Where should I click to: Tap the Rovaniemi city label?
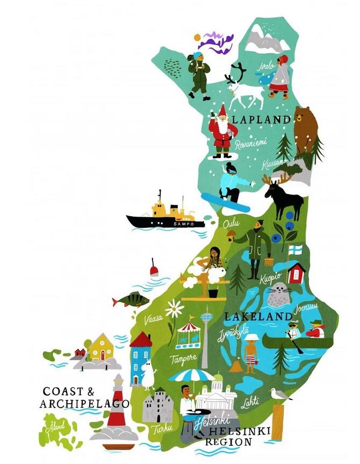[x=248, y=144]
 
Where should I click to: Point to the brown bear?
[x=306, y=128]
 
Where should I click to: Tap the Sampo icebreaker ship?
[x=165, y=215]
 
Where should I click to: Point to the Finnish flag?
[x=296, y=250]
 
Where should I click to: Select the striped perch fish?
[x=131, y=299]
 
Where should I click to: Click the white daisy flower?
[x=174, y=309]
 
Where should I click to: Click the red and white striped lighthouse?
[x=117, y=406]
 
